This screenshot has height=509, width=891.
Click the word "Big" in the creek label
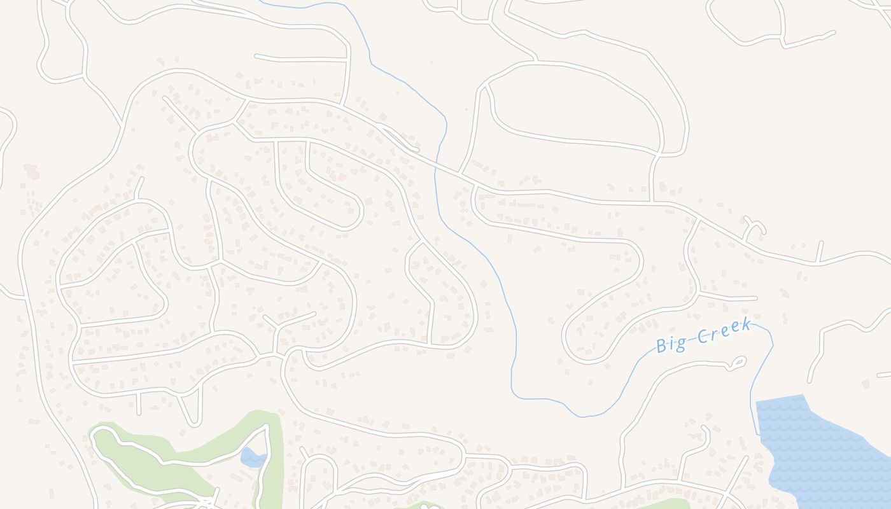(671, 344)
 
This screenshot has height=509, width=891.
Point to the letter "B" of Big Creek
(661, 346)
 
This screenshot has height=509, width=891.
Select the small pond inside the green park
(253, 457)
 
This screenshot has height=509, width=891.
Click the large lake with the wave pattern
(821, 452)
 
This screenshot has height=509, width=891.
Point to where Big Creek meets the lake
(758, 433)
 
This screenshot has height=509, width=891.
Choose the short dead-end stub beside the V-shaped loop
(138, 405)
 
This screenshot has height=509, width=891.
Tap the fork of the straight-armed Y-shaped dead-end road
(277, 326)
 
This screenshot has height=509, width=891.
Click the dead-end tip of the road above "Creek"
(756, 298)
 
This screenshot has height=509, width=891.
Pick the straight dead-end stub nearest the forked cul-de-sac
(820, 251)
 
